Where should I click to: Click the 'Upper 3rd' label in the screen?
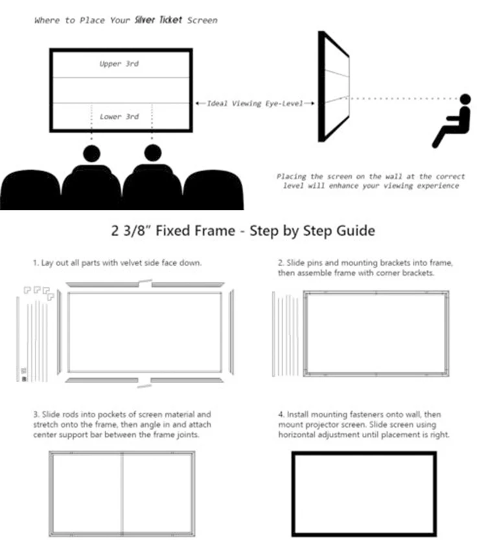[x=119, y=64]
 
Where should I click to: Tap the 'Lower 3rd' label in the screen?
[x=119, y=117]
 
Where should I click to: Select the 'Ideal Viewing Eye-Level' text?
[x=255, y=103]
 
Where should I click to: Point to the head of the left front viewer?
[x=91, y=153]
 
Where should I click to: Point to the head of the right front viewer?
[x=152, y=152]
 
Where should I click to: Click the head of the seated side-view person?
[x=465, y=99]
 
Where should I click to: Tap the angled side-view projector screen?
[x=333, y=86]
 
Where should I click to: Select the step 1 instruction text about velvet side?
[x=116, y=263]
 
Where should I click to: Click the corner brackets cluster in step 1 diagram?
[x=38, y=292]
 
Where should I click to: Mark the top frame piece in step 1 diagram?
[x=145, y=284]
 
